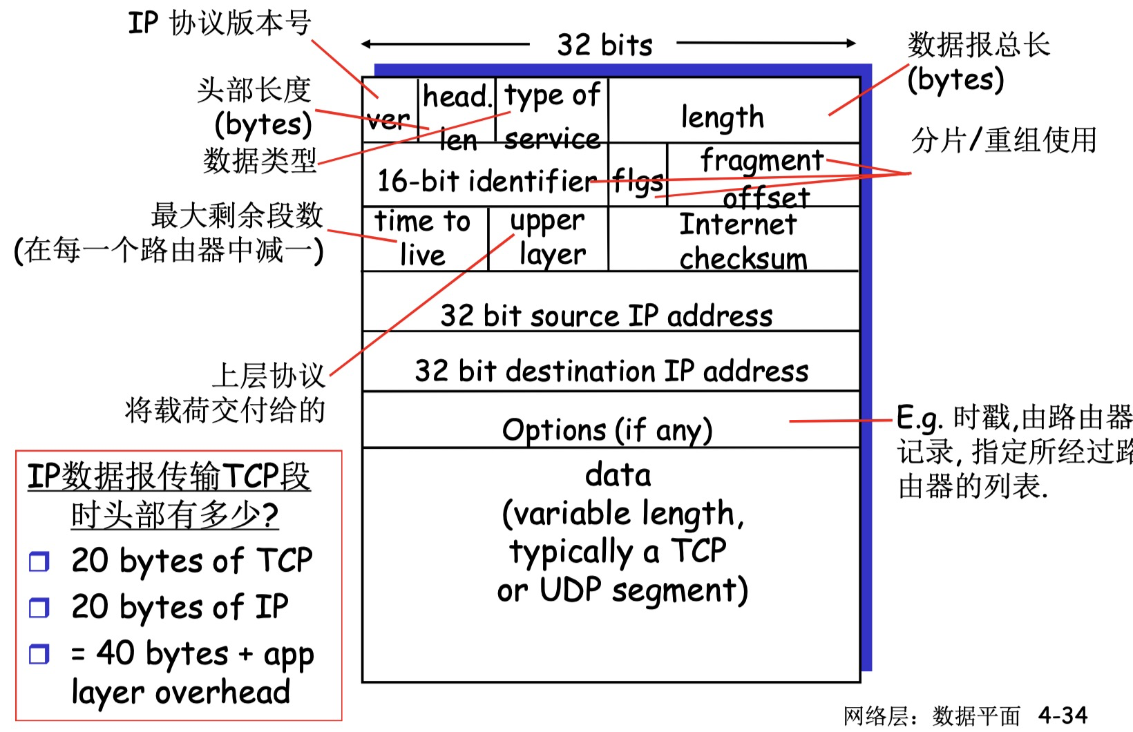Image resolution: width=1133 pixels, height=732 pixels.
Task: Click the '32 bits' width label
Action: pyautogui.click(x=604, y=45)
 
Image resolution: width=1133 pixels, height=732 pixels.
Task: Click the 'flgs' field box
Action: pyautogui.click(x=638, y=181)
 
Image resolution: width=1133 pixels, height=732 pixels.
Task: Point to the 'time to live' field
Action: pyautogui.click(x=423, y=238)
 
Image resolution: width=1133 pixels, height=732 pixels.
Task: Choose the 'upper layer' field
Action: pyautogui.click(x=549, y=238)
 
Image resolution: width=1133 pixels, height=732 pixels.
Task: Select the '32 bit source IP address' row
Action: pyautogui.click(x=607, y=315)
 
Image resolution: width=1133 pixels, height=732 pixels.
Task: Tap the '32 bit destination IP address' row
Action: pyautogui.click(x=611, y=371)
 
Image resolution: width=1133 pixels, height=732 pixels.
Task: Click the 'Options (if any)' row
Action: pyautogui.click(x=607, y=430)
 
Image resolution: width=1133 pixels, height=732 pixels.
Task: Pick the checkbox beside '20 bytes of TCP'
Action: pyautogui.click(x=39, y=561)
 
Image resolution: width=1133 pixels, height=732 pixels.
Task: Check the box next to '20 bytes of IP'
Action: pyautogui.click(x=39, y=608)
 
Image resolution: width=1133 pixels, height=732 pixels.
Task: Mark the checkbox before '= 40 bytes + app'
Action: pyautogui.click(x=39, y=654)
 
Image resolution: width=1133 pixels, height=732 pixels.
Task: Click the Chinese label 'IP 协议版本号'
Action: pyautogui.click(x=220, y=23)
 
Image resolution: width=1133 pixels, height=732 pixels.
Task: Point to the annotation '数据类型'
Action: pyautogui.click(x=260, y=160)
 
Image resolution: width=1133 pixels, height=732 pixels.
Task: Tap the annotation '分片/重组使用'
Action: pyautogui.click(x=1004, y=140)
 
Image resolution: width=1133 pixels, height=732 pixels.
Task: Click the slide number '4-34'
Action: pyautogui.click(x=1063, y=715)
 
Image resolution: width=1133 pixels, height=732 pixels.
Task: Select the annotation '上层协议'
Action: pyautogui.click(x=268, y=376)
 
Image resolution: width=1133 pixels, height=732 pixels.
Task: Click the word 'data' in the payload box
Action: pyautogui.click(x=618, y=475)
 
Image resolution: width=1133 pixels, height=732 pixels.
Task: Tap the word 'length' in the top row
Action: pyautogui.click(x=723, y=117)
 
